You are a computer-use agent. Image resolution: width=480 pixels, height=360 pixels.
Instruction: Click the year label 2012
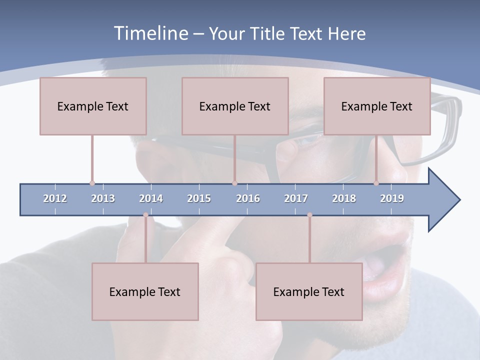point(55,198)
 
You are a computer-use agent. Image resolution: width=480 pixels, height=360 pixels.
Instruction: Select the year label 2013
point(103,198)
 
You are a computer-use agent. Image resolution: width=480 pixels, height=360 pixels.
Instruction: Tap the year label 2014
point(151,198)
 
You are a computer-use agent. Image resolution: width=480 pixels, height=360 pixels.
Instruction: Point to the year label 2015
point(199,198)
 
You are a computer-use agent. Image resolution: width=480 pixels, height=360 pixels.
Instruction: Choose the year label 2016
point(248,198)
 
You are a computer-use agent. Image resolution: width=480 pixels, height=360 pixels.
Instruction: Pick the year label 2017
point(296,198)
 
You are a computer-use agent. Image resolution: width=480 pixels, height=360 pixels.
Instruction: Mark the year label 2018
point(344,198)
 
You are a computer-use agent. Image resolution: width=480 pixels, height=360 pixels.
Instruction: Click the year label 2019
point(392,198)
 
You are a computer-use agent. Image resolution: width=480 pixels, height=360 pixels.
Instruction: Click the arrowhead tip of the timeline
point(458,200)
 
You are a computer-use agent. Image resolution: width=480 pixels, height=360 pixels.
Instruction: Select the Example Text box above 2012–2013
point(93,106)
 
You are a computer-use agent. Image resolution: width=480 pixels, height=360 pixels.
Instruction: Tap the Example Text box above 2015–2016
point(235,106)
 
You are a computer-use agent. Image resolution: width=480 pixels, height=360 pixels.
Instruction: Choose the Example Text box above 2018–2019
point(377,106)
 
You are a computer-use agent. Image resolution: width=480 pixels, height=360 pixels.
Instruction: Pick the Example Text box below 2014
point(145,291)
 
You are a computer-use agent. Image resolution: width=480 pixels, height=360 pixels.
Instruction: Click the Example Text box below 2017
point(309,291)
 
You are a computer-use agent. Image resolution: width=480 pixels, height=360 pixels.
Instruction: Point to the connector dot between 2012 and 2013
point(92,183)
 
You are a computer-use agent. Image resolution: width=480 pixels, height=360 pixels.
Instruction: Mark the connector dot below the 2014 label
point(145,215)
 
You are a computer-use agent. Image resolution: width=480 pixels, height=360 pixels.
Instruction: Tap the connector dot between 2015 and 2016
point(234,183)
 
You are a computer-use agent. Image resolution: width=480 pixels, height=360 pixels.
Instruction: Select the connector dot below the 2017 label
point(309,215)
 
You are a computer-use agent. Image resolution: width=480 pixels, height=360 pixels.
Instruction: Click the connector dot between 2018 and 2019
point(376,183)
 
